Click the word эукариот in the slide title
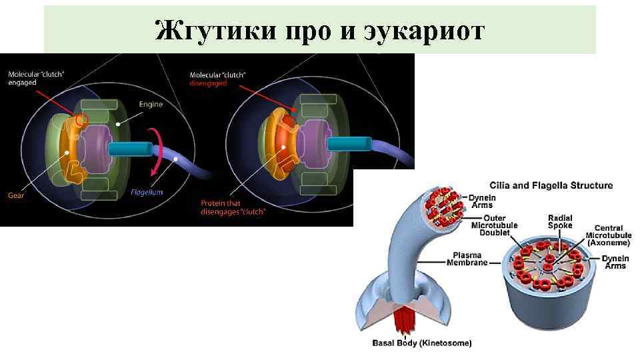[426, 30]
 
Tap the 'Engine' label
[151, 105]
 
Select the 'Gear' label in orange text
[15, 195]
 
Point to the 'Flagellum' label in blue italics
[146, 193]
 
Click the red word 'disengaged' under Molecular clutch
[208, 83]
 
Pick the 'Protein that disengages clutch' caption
[233, 207]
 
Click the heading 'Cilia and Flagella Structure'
[551, 185]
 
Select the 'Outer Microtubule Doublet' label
[491, 225]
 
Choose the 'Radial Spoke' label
[560, 222]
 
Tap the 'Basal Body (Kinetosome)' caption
[421, 343]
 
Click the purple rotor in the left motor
[93, 148]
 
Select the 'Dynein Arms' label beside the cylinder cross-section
[615, 262]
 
